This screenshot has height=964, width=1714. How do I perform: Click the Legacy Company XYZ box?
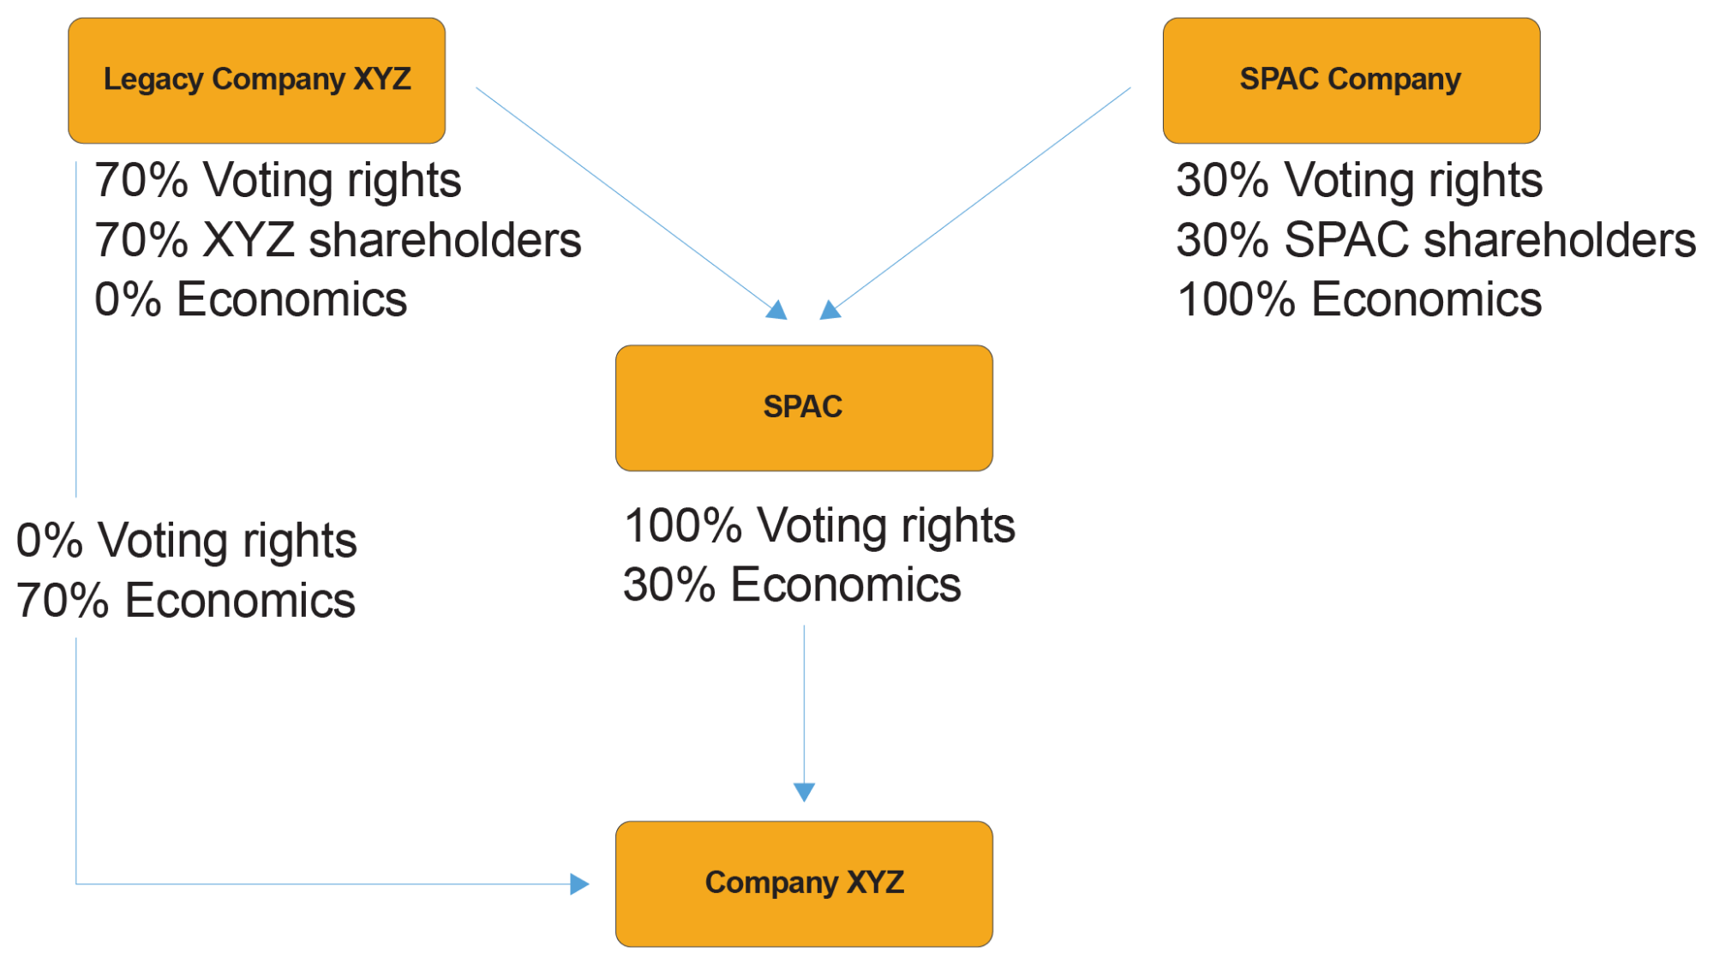(256, 81)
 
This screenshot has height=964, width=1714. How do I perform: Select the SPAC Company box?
(1351, 81)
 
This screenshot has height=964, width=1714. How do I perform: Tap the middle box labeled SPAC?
(803, 408)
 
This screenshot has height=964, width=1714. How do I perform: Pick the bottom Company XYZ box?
(803, 883)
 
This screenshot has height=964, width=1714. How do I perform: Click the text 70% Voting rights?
(278, 181)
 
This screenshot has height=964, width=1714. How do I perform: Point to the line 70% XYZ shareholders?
(338, 241)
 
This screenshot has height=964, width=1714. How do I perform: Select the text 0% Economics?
(250, 300)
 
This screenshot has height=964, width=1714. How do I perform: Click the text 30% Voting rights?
(1359, 181)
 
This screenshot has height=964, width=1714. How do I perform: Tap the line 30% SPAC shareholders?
(1435, 241)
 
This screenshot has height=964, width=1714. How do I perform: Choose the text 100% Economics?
(1359, 300)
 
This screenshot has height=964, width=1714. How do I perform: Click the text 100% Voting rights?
(818, 525)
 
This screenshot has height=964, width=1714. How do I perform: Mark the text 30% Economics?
(791, 585)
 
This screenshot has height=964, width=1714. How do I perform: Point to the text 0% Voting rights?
(186, 541)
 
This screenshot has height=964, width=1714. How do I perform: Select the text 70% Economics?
(185, 601)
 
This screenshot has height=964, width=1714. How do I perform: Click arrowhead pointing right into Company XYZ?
(580, 883)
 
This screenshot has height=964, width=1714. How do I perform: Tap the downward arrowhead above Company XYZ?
(804, 792)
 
